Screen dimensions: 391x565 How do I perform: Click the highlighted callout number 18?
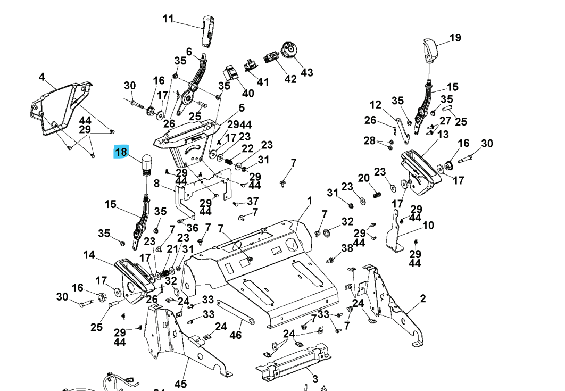tap(121, 152)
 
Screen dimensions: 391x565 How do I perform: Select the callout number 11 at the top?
tap(168, 19)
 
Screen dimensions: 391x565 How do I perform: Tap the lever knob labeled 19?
tap(430, 49)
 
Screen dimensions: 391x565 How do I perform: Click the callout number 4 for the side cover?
tap(41, 77)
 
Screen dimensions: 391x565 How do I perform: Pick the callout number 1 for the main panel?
tap(309, 201)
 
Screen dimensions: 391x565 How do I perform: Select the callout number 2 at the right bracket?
tap(423, 298)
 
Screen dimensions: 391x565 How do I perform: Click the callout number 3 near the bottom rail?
tap(315, 379)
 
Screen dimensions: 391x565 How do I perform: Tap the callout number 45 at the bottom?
tap(180, 384)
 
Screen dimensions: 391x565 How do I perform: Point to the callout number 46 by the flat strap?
tap(235, 335)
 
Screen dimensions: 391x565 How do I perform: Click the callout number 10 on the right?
tap(428, 226)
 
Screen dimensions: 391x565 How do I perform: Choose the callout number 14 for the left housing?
tap(89, 255)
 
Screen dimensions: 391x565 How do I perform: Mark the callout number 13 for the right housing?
tap(443, 135)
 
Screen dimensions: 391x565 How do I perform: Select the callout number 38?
tap(347, 248)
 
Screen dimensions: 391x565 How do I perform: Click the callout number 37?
tap(253, 201)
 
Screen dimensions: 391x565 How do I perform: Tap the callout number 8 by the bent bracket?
tap(156, 184)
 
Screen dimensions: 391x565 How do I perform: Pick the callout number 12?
tap(376, 105)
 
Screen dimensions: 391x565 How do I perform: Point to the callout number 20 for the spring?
tap(363, 178)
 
